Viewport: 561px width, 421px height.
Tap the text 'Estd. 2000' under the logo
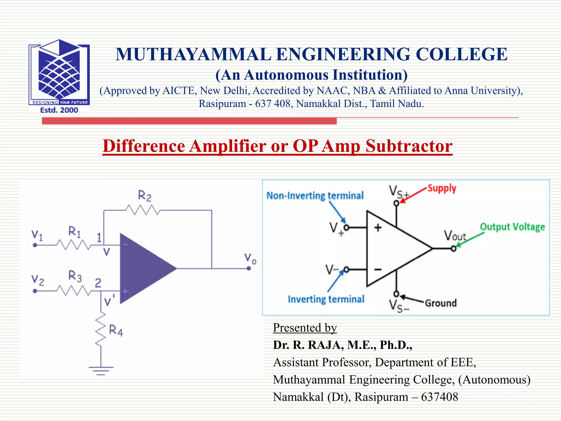(59, 110)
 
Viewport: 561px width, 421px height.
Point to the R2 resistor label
(144, 196)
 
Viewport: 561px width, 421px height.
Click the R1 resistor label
(75, 232)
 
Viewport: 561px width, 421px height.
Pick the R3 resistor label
(75, 276)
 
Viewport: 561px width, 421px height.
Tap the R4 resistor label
(116, 330)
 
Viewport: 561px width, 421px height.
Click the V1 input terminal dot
(35, 245)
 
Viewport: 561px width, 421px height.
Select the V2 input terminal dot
(35, 291)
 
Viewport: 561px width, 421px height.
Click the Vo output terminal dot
(249, 269)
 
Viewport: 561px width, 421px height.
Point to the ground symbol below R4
(101, 370)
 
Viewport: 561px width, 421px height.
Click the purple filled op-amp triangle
(142, 269)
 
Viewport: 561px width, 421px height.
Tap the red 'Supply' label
(442, 188)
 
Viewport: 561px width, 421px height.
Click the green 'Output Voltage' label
(512, 227)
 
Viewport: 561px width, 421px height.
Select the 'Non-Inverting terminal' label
(315, 196)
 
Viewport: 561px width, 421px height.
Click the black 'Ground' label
(441, 303)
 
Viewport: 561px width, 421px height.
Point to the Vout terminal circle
(454, 249)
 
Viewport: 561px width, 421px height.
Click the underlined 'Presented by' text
(305, 328)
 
